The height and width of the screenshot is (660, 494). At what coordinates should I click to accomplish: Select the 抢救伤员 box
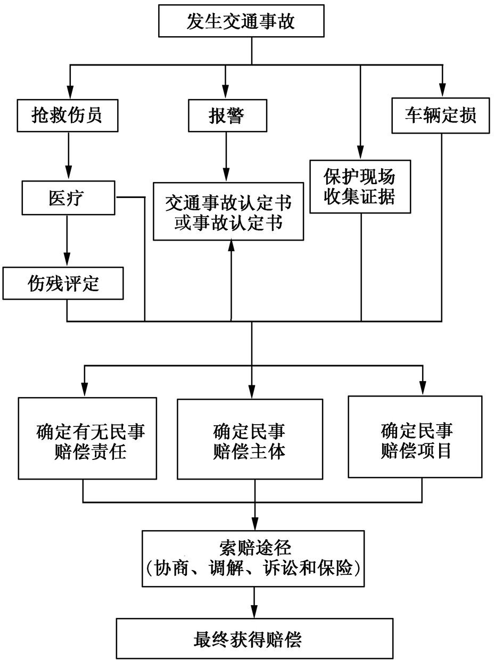click(67, 115)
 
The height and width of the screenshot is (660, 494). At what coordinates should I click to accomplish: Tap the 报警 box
click(227, 115)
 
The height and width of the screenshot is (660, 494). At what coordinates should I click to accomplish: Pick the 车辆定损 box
click(441, 115)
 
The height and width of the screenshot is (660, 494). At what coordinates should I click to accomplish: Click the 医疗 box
click(67, 197)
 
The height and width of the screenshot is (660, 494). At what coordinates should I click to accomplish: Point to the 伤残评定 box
click(63, 283)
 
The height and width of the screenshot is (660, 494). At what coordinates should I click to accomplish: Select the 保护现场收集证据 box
click(360, 186)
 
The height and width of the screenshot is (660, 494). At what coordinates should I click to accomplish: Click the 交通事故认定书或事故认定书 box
click(228, 211)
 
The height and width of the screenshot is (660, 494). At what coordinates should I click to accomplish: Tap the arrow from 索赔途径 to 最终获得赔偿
click(255, 601)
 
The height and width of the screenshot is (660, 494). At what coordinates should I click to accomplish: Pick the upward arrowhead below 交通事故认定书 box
click(232, 246)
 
